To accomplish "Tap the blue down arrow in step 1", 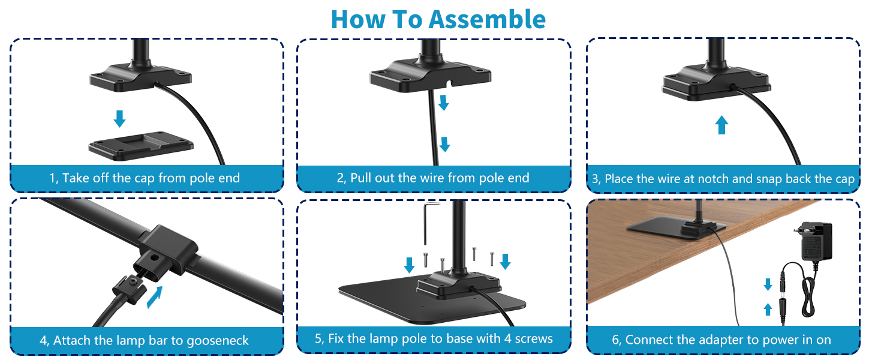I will click(x=120, y=118).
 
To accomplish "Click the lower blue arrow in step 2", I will click(x=444, y=145).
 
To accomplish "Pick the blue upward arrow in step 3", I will click(x=722, y=125).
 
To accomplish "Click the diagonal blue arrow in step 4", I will click(x=154, y=297).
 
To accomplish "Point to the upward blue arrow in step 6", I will click(x=767, y=310).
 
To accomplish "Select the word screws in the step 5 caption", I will click(x=533, y=338).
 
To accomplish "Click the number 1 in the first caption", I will click(x=52, y=178).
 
